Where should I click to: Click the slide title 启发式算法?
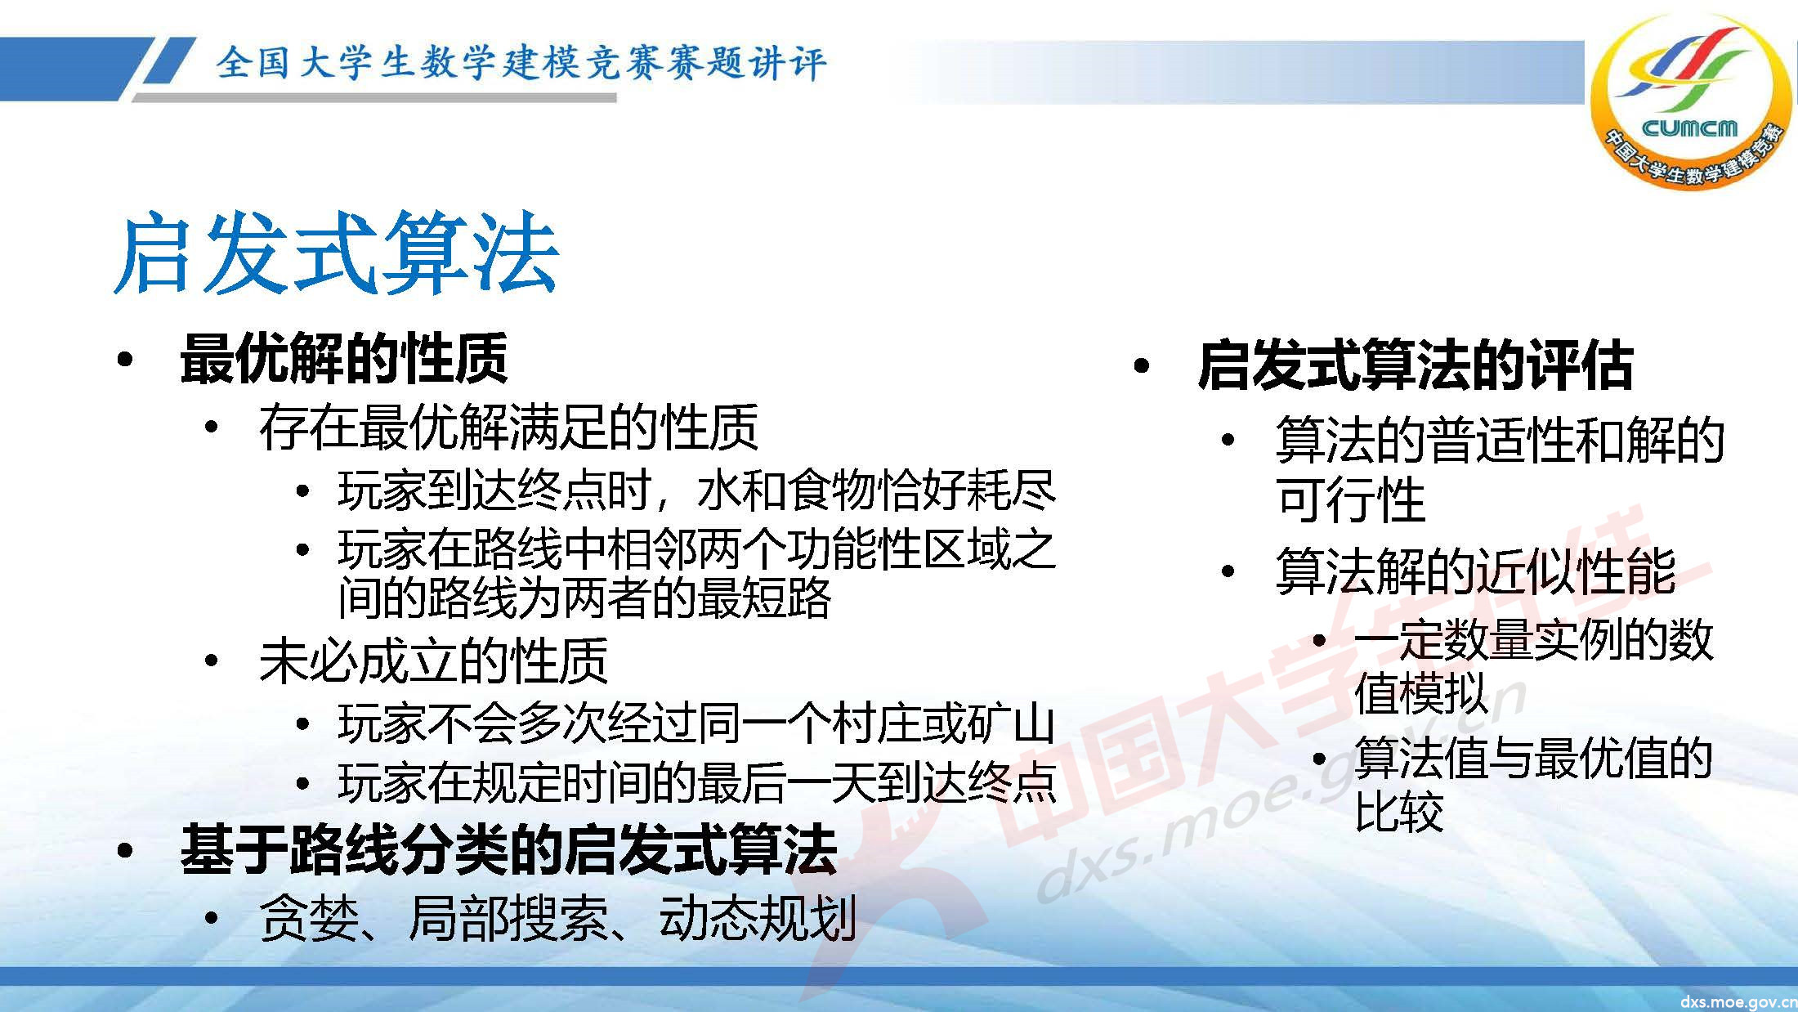click(336, 253)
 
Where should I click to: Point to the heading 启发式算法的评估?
click(1415, 365)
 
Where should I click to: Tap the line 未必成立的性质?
click(433, 660)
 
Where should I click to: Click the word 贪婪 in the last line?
click(309, 918)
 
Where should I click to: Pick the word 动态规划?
click(757, 918)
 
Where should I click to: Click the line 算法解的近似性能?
click(1475, 571)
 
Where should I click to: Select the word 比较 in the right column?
click(1398, 811)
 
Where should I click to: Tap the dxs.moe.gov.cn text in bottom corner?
click(1738, 1001)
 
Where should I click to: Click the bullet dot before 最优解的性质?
click(124, 360)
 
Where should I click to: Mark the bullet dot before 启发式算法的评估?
click(1142, 366)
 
